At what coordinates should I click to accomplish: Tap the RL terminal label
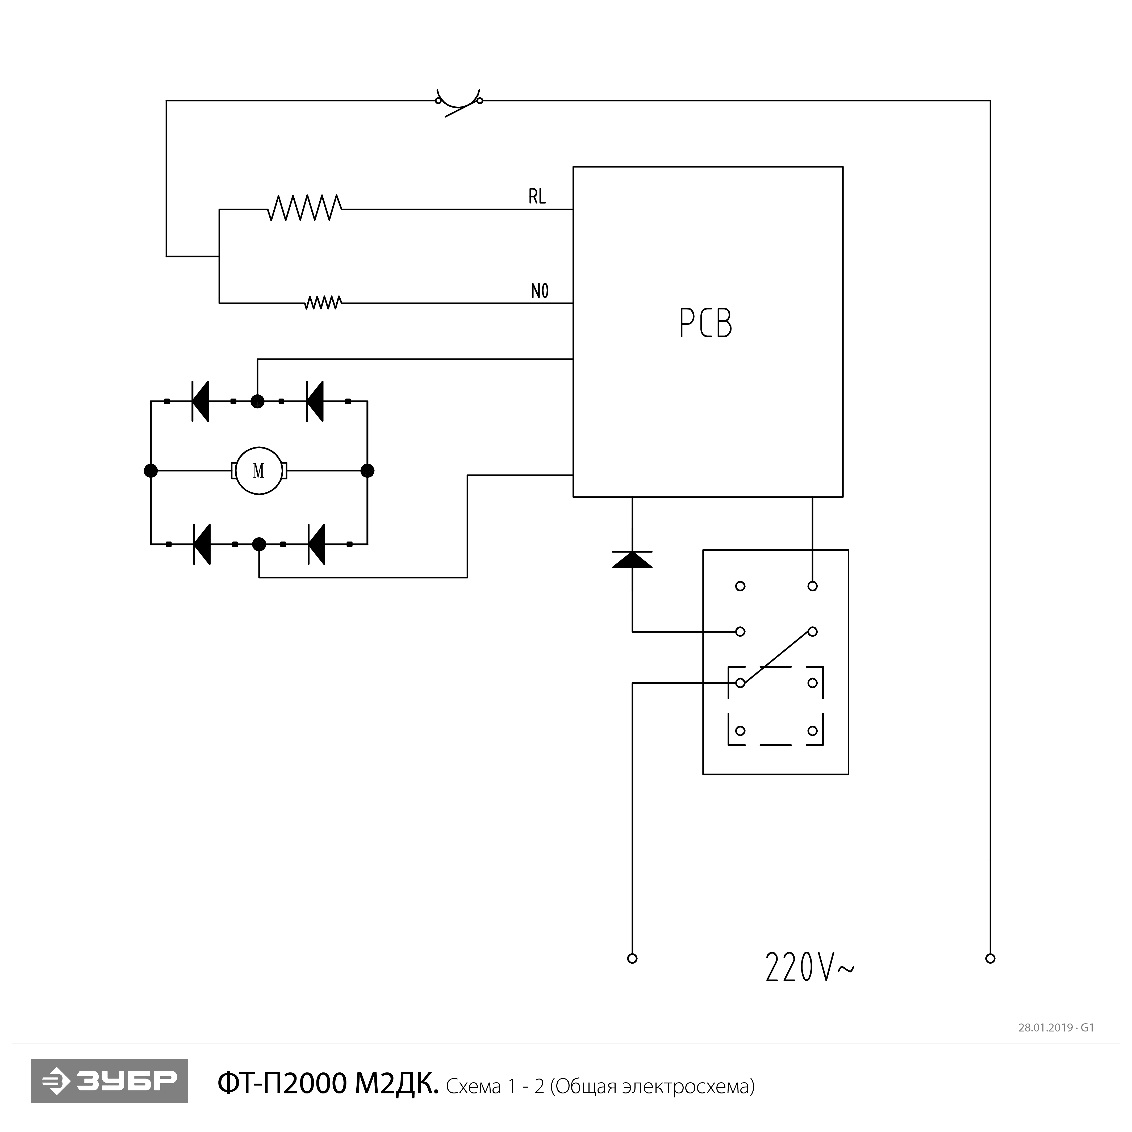(537, 197)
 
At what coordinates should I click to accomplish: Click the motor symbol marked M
(258, 470)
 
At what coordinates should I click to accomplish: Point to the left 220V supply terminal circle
(632, 959)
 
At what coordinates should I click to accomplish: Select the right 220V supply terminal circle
(990, 959)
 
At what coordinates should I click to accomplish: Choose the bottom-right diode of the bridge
(316, 544)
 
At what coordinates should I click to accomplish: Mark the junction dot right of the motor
(367, 470)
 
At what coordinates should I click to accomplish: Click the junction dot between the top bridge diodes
(257, 401)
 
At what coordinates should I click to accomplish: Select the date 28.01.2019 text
(1045, 1028)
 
